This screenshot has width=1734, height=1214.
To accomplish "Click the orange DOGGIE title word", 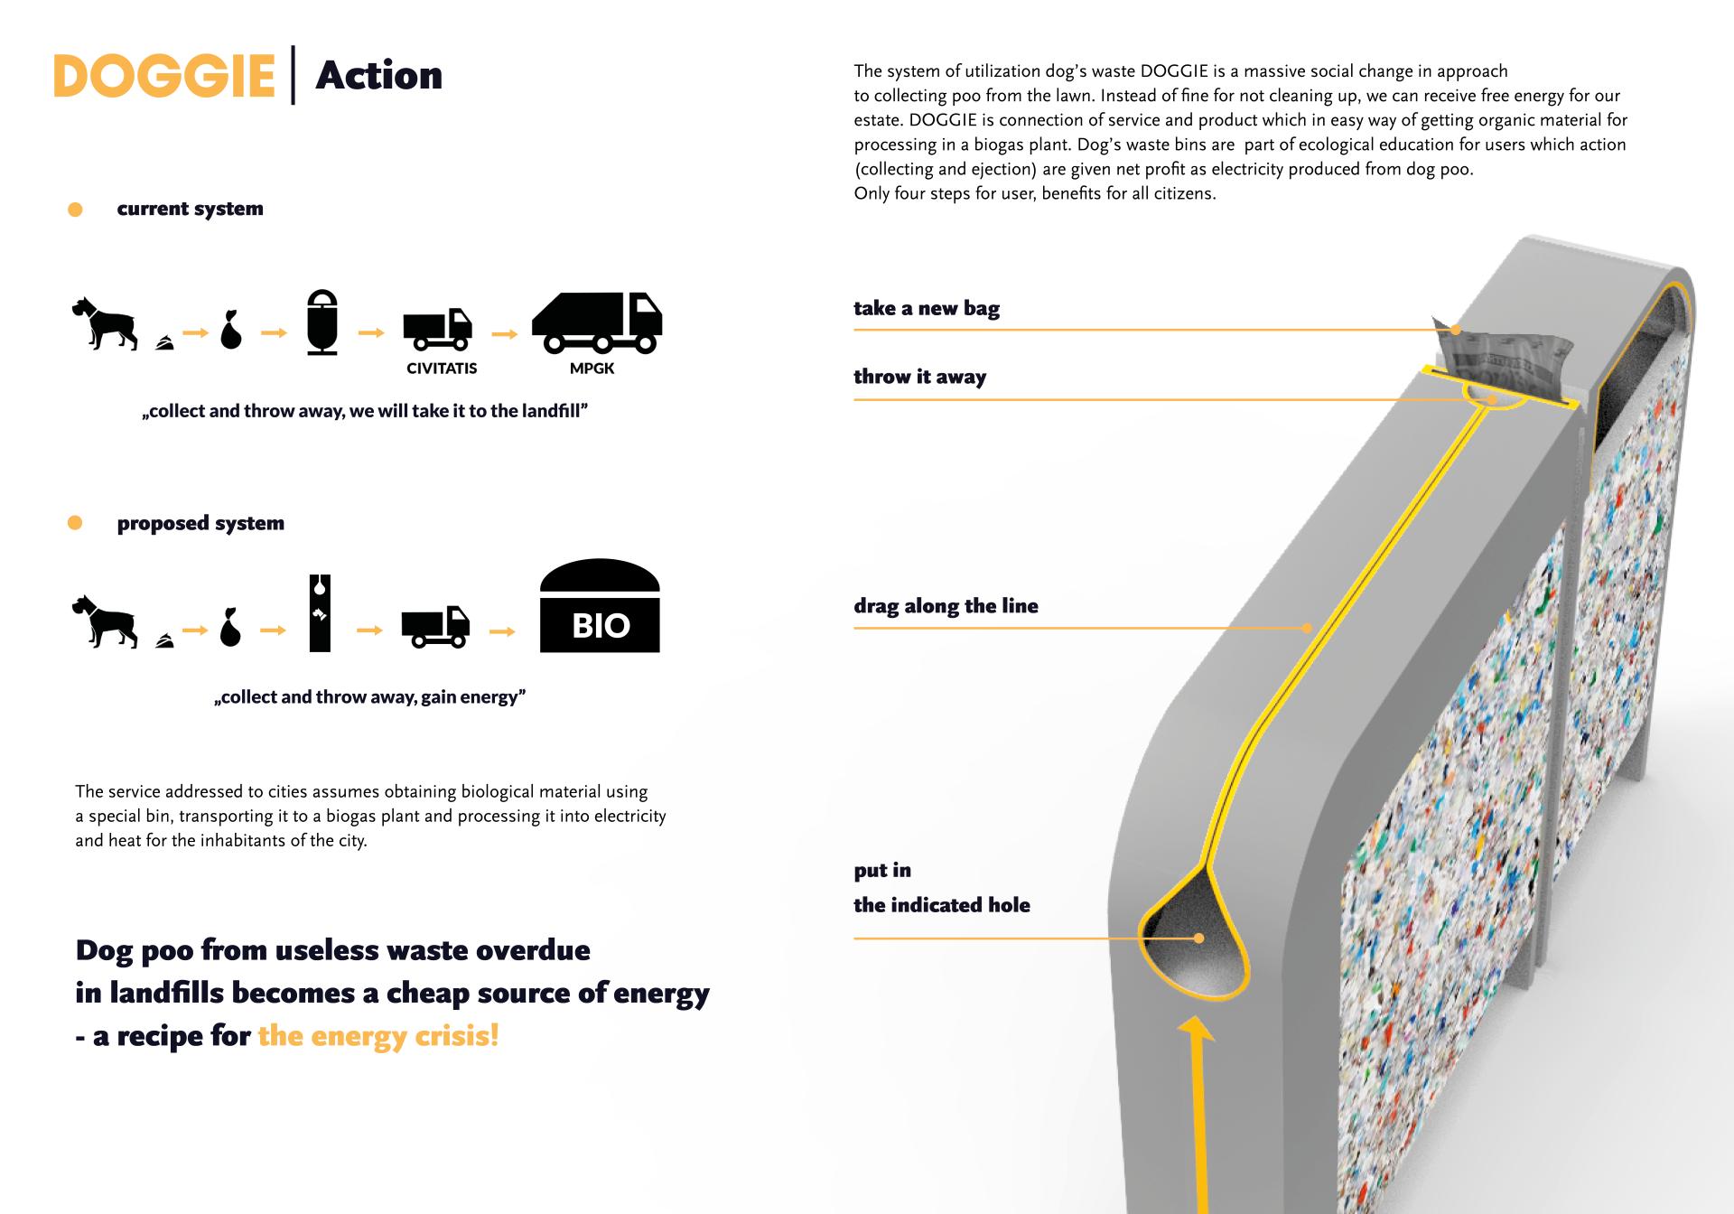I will coord(163,76).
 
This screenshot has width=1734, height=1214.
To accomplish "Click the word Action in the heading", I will coord(378,76).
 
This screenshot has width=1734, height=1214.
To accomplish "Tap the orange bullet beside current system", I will coord(76,210).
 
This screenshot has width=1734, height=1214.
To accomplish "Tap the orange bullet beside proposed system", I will coord(76,523).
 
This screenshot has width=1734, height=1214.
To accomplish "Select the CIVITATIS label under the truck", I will coord(442,369).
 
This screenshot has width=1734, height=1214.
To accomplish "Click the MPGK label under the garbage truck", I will coord(592,369).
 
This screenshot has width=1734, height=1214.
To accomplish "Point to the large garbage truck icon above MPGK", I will coord(597,322).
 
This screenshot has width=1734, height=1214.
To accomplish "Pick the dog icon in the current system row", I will coord(105,322).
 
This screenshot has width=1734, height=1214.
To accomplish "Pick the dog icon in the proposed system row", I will coord(105,621).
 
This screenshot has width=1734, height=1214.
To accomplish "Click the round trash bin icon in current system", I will coord(322,322).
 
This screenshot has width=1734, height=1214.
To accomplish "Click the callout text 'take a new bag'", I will coord(927,308).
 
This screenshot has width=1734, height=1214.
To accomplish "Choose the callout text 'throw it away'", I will coord(919,377).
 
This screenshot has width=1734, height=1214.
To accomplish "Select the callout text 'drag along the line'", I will coord(946,606).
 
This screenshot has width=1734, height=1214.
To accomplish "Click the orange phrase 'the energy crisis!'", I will coord(378,1036).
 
